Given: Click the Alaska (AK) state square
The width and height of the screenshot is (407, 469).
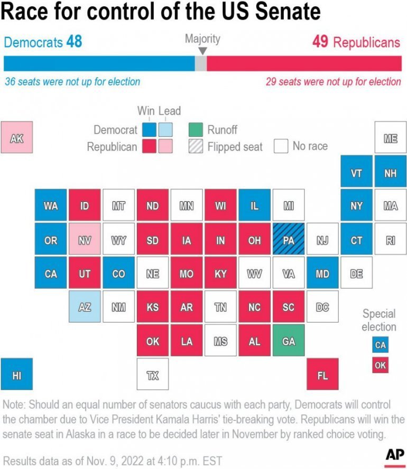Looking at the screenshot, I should click(x=17, y=137).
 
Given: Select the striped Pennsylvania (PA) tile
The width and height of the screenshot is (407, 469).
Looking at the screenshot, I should click(x=289, y=240).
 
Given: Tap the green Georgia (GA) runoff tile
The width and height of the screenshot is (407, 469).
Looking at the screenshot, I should click(x=289, y=341).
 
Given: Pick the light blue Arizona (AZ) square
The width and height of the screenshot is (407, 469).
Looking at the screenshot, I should click(x=85, y=307).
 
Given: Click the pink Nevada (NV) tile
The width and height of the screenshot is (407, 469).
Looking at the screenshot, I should click(x=85, y=240).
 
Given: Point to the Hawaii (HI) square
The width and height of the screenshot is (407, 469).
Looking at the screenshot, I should click(x=17, y=375).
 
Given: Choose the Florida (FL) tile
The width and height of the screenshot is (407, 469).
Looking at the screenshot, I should click(x=322, y=375).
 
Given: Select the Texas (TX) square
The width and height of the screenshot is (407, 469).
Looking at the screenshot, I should click(x=153, y=375).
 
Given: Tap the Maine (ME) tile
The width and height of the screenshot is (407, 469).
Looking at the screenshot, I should click(x=390, y=138).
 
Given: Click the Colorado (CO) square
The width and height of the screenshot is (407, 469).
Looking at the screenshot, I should click(x=118, y=274).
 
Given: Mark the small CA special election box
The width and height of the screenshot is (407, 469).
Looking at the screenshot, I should click(x=380, y=345).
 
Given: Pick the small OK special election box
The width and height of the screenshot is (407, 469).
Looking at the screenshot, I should click(x=380, y=365).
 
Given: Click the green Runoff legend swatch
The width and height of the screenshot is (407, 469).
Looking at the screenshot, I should click(x=196, y=130).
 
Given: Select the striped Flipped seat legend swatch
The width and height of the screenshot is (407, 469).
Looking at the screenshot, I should click(x=196, y=146).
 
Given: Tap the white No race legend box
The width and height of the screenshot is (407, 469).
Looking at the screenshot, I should click(x=281, y=146).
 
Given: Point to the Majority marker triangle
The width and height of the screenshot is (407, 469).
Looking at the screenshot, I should click(x=202, y=51).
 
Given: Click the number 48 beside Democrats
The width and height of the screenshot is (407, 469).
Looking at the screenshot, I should click(x=74, y=42).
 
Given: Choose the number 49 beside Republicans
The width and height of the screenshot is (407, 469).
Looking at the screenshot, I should click(x=320, y=42).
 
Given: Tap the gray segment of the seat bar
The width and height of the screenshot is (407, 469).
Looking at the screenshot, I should click(x=201, y=63).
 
